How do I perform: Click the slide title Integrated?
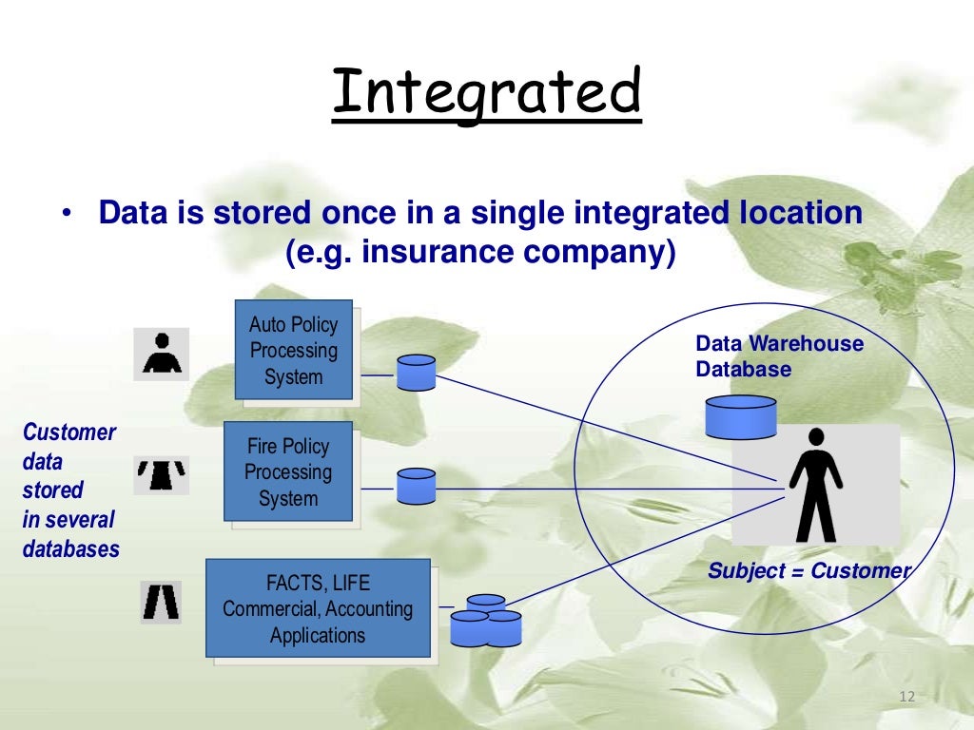click(x=486, y=93)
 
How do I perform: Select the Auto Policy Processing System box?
click(x=294, y=350)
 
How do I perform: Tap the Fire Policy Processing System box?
click(x=287, y=471)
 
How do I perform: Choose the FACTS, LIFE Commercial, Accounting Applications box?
click(x=318, y=608)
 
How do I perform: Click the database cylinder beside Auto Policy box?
click(x=416, y=373)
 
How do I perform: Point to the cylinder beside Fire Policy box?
click(x=416, y=487)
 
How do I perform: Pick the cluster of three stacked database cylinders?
click(x=486, y=621)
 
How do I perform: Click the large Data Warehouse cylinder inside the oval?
click(x=740, y=416)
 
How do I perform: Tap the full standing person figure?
click(x=815, y=484)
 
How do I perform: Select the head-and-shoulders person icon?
click(x=161, y=354)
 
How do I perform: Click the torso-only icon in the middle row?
click(x=161, y=474)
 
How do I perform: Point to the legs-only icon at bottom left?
click(x=161, y=601)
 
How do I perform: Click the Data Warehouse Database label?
click(x=779, y=356)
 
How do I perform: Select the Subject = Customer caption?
click(x=808, y=571)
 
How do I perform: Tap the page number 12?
click(x=906, y=698)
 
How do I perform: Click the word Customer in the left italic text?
click(x=68, y=432)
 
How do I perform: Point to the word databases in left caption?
click(x=71, y=548)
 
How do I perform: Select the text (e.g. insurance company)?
click(x=480, y=255)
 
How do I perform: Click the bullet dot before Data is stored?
click(x=67, y=214)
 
